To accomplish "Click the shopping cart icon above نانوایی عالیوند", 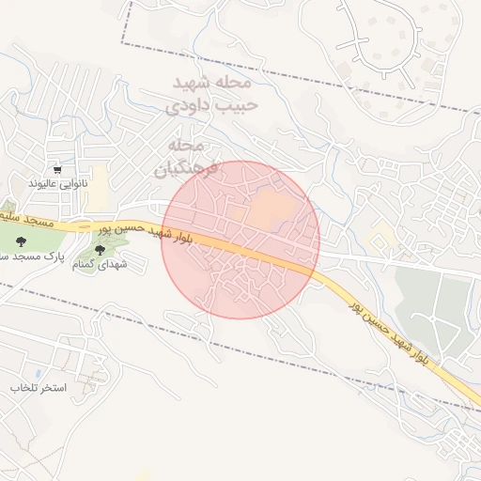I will coord(58,170).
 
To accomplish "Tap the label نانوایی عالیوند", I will coord(57,182).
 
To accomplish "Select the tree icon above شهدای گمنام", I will coord(100,250).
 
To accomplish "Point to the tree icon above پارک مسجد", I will coord(20,240).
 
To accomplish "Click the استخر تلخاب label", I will coord(39,388).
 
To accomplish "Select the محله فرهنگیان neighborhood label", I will coord(186,157).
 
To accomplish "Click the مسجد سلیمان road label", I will coord(28,223).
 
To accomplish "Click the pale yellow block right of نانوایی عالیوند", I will coord(99,178).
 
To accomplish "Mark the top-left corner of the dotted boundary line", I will coord(123,43).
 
